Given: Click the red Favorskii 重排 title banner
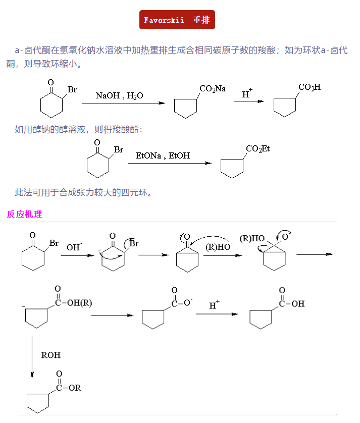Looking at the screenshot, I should click(x=177, y=20).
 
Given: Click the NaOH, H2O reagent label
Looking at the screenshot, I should click(x=119, y=95).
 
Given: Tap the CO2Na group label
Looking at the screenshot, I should click(x=213, y=89).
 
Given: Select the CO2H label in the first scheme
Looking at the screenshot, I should click(x=310, y=87).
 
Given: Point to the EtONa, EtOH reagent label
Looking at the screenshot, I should click(x=163, y=156).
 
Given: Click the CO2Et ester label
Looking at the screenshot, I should click(x=258, y=149).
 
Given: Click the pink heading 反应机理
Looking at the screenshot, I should click(x=25, y=214).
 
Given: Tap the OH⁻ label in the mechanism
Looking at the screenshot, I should click(x=74, y=247).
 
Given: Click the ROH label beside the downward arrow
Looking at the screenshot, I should click(x=50, y=355).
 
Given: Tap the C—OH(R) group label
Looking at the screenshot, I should click(x=73, y=303).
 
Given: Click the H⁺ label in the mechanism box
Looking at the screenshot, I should click(x=215, y=305).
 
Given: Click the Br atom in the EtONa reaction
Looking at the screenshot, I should click(x=119, y=150).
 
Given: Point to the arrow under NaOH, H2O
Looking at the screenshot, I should click(x=123, y=103).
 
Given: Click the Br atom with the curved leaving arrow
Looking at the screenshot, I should click(x=134, y=244).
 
